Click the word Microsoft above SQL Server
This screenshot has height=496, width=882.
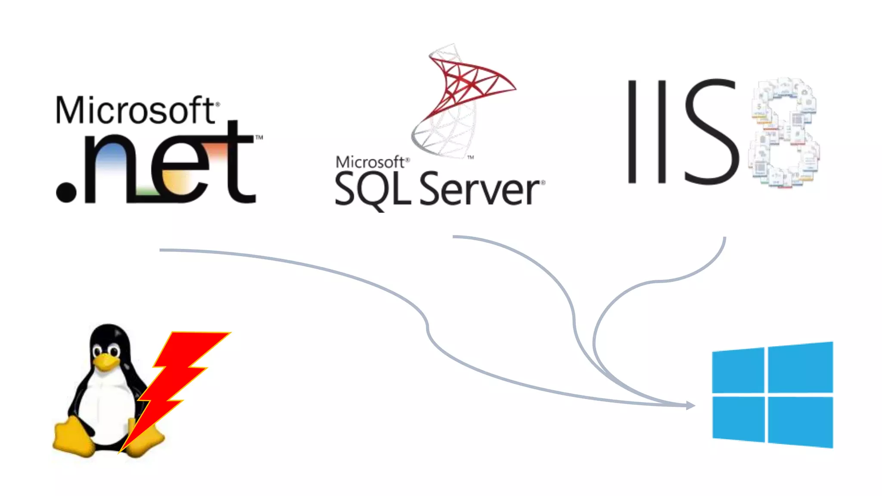370,162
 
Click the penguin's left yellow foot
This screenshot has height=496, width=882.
73,437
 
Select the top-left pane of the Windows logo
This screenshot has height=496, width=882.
738,371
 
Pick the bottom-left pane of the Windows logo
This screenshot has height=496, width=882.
738,418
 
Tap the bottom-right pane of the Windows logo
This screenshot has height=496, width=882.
800,422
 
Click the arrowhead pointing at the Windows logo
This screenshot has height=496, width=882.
690,405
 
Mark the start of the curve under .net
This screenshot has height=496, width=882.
161,250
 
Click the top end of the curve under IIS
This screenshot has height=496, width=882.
725,238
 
